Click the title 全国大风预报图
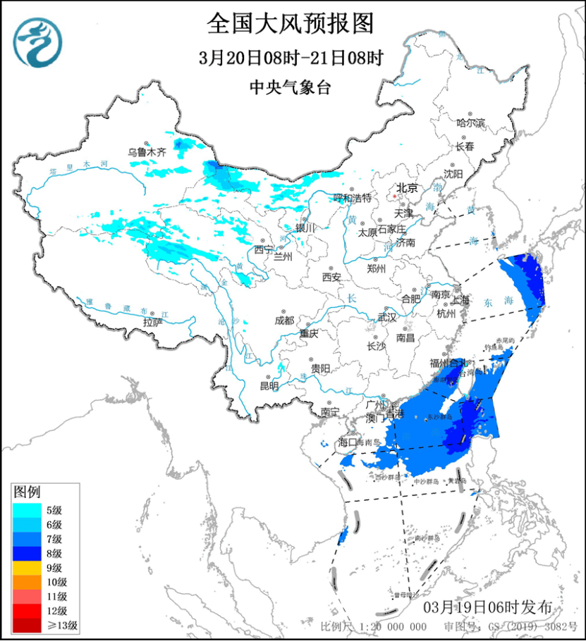tap(290, 23)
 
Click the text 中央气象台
tap(290, 87)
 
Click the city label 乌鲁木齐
tap(147, 151)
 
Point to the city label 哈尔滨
tap(471, 123)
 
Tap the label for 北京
tap(407, 188)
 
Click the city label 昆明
tap(269, 385)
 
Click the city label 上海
tap(460, 299)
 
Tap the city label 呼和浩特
tap(352, 199)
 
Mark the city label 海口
tap(348, 442)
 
